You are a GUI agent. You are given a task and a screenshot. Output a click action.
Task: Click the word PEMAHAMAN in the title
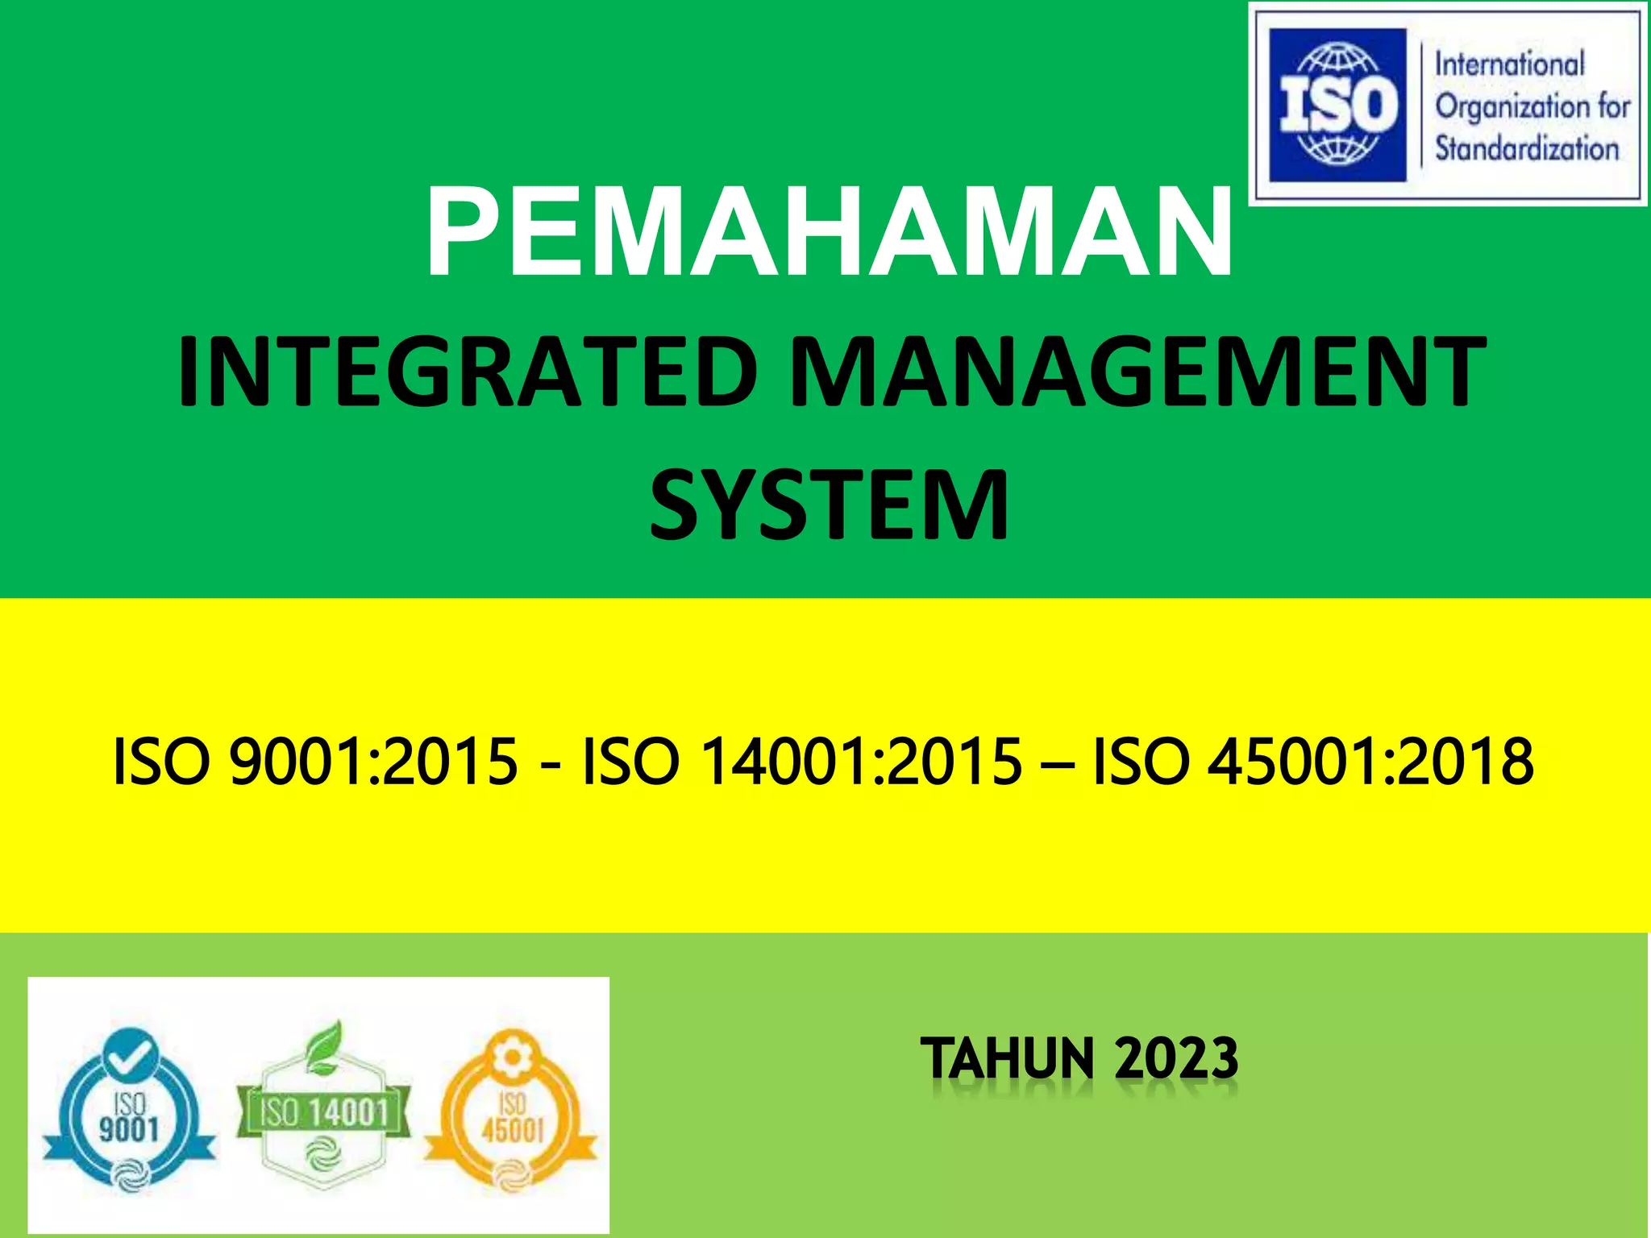coord(829,233)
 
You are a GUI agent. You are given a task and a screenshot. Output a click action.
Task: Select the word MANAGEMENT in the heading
coord(1137,373)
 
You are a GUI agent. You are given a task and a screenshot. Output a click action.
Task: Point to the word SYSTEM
coord(829,507)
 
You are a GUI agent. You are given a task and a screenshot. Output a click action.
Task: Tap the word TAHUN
coord(1007,1058)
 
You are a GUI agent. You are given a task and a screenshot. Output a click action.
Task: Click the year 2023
coord(1176,1058)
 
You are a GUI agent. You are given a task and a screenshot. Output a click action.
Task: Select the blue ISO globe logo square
coord(1337,106)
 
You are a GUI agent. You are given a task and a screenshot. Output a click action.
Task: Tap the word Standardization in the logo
coord(1526,149)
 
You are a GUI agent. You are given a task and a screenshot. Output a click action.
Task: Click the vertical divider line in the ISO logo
coord(1420,106)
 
